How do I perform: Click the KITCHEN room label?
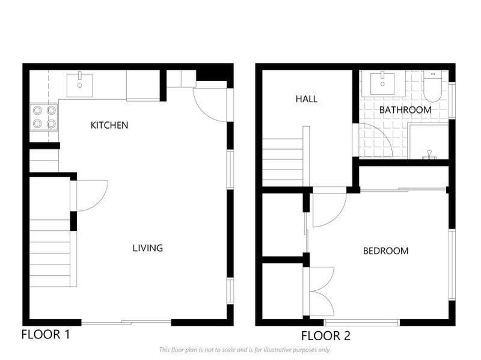(x=109, y=125)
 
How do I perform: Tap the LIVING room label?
(x=147, y=248)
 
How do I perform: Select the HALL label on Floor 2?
(x=306, y=99)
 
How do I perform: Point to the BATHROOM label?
(x=405, y=110)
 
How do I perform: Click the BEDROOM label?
(x=385, y=251)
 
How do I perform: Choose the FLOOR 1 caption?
(x=46, y=335)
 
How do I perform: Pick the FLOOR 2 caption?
(x=325, y=335)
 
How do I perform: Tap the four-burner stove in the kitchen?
(x=44, y=117)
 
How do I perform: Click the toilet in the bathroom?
(x=432, y=86)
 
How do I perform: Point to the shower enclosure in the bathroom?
(x=429, y=142)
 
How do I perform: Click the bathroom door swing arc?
(x=373, y=139)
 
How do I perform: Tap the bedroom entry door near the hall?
(x=328, y=207)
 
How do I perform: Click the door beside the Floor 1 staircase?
(x=89, y=195)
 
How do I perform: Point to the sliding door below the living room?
(x=126, y=323)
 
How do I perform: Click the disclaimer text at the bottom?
(x=245, y=350)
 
